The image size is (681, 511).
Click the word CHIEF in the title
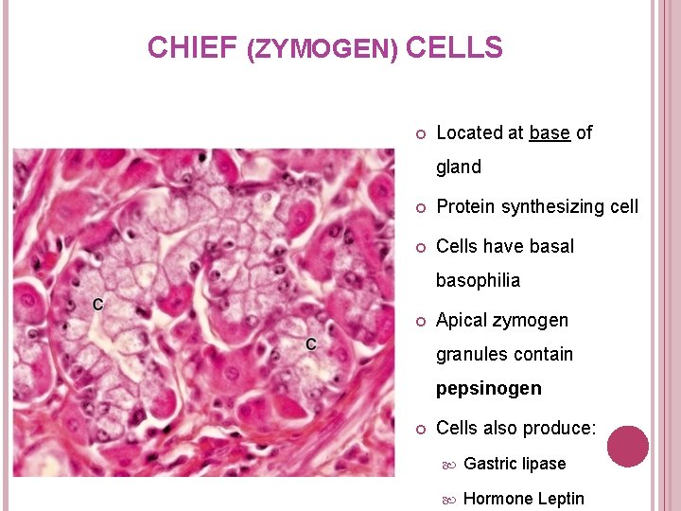191,47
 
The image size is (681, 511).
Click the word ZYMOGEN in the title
323,49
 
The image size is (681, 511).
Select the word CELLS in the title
454,47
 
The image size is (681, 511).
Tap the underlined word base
550,133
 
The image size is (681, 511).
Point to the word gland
459,167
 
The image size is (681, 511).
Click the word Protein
465,206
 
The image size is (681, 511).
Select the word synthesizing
553,206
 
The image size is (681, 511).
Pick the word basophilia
478,281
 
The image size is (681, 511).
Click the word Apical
463,321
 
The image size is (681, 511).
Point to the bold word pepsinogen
489,389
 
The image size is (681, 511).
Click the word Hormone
497,499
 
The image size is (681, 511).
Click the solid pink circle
628,446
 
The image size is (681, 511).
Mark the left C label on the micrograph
98,304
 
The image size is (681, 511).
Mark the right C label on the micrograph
311,344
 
